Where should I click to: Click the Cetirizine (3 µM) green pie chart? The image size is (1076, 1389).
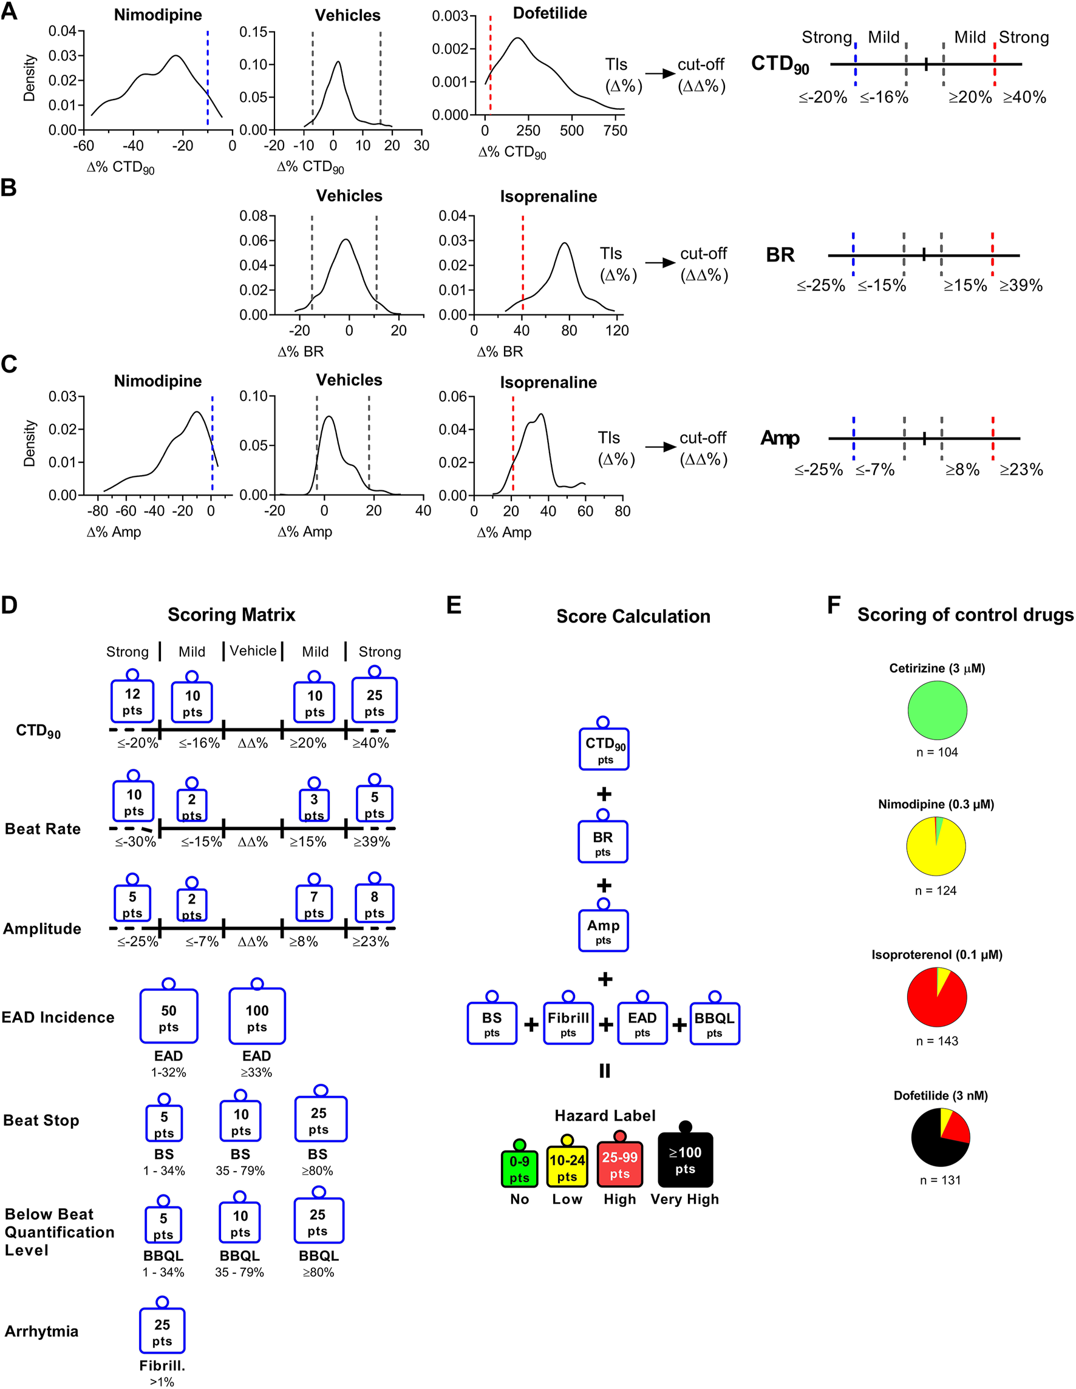(x=937, y=710)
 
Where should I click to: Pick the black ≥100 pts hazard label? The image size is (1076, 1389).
(x=685, y=1160)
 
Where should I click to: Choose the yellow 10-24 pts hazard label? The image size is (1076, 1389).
(x=567, y=1168)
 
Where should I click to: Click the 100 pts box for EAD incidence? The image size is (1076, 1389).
(x=257, y=1018)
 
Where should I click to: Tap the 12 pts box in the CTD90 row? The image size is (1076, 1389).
(x=132, y=701)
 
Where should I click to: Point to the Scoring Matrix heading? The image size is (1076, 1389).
(x=231, y=614)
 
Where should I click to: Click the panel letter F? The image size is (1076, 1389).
(x=834, y=605)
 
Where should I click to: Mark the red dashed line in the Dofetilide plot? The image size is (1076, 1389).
(x=491, y=64)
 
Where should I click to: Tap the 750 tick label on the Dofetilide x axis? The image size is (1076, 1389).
(x=615, y=130)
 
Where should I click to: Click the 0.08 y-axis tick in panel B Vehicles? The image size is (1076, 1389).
(x=253, y=215)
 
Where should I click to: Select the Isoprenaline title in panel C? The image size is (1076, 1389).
(x=548, y=382)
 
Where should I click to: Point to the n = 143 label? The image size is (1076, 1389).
(x=937, y=1041)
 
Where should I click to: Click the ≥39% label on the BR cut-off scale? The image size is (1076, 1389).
(x=1021, y=286)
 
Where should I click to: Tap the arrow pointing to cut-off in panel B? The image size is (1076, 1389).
(x=660, y=263)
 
